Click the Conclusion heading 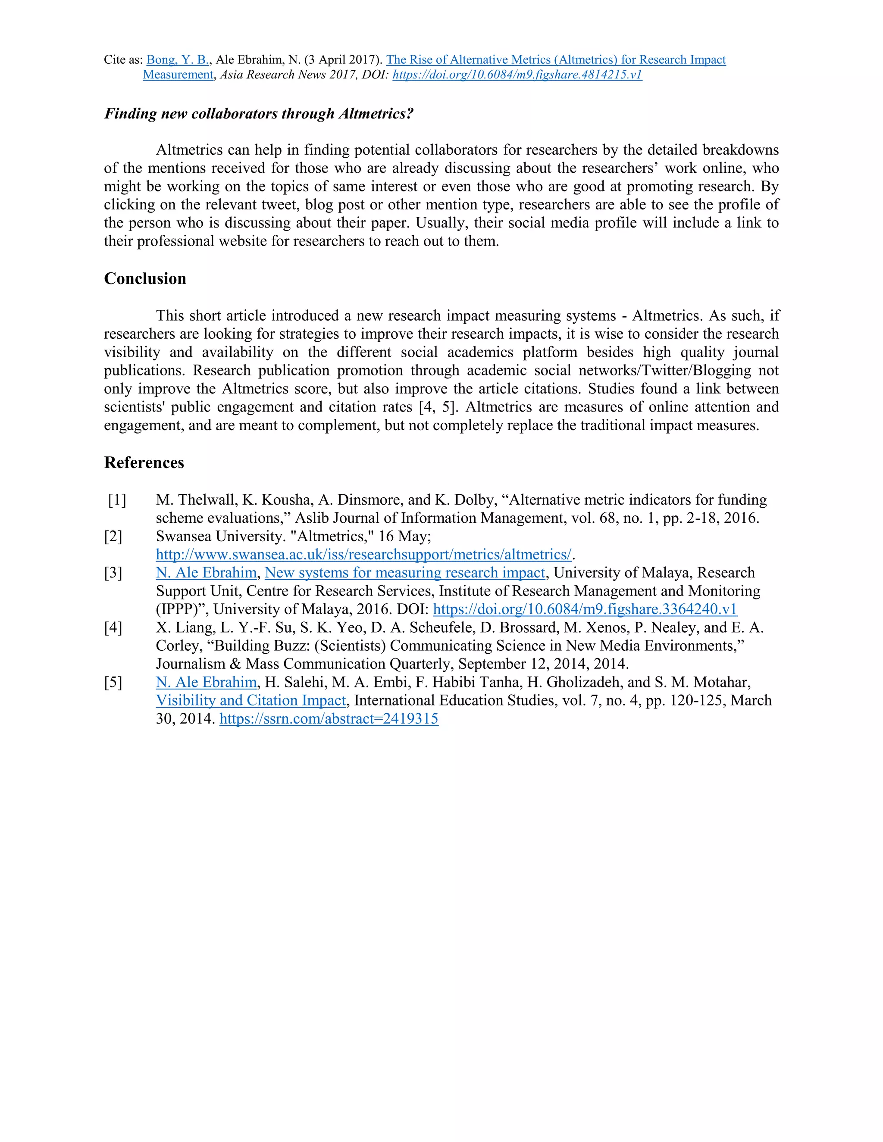click(x=145, y=279)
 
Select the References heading click(x=144, y=463)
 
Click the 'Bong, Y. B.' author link click(x=177, y=59)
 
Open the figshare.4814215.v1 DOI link click(x=517, y=75)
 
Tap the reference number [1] click(x=117, y=500)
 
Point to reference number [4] click(x=113, y=627)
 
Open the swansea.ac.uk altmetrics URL click(x=363, y=554)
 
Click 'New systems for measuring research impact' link click(x=405, y=573)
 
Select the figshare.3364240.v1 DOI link click(x=585, y=609)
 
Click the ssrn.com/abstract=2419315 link click(x=329, y=718)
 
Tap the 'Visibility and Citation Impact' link click(x=251, y=700)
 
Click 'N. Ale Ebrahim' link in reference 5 click(x=206, y=682)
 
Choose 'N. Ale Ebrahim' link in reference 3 click(x=206, y=573)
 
